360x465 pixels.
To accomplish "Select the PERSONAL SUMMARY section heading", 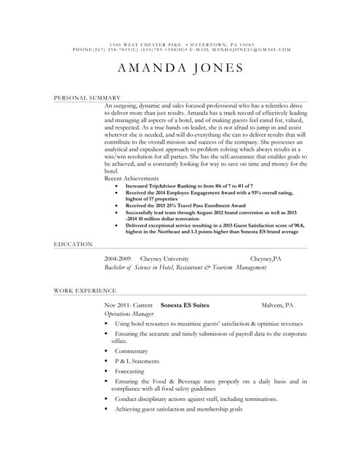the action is [x=87, y=97].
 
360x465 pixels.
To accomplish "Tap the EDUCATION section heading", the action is [x=73, y=245].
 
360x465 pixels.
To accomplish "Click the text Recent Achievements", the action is [x=132, y=177].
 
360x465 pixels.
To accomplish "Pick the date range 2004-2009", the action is [x=118, y=259].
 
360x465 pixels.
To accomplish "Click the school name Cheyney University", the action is [x=164, y=259].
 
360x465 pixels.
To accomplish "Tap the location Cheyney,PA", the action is [x=265, y=259].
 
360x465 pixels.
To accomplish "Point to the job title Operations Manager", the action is [x=127, y=314].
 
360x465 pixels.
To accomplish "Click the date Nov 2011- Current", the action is [x=129, y=306].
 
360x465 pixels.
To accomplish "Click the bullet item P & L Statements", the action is [x=137, y=361].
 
